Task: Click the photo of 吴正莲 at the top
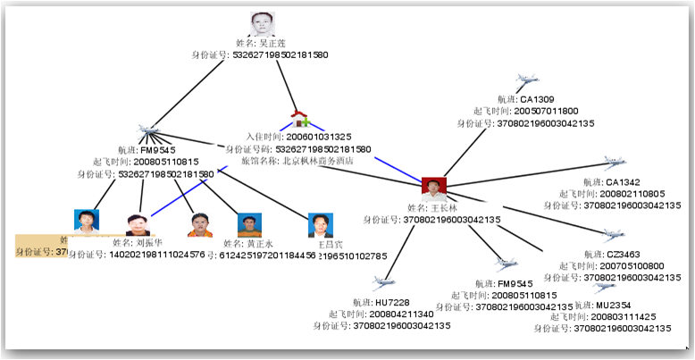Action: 262,24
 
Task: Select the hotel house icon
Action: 299,120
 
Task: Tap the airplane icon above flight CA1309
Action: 527,82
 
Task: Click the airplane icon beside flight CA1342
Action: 613,163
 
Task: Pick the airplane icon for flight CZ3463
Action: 613,237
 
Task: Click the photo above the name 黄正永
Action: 249,224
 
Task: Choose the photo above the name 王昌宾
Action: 320,224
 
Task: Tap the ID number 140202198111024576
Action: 137,255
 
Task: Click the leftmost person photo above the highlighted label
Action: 87,221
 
